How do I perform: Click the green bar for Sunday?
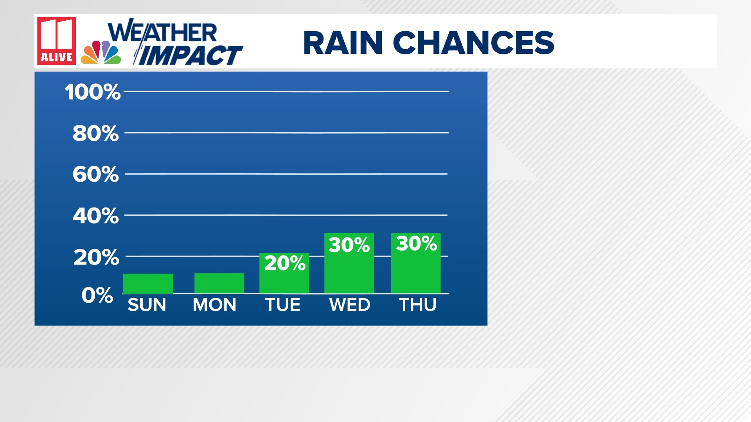point(148,284)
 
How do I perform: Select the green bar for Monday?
point(219,283)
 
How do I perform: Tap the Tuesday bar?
point(284,273)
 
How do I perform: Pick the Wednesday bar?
point(349,263)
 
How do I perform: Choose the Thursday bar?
point(416,263)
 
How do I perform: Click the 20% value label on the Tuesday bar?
point(285,263)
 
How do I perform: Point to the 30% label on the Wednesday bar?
point(349,245)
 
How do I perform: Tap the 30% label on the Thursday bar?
point(417,243)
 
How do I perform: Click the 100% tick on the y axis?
point(93,92)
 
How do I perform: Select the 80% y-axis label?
point(95,133)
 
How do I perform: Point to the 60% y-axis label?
point(95,174)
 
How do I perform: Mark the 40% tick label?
point(96,216)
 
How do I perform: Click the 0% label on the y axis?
point(97,295)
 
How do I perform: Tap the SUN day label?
point(147,305)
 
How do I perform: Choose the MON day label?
point(214,305)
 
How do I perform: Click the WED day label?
point(350,305)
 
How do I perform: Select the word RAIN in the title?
point(343,43)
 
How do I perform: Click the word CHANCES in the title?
point(474,43)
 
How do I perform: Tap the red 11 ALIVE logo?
point(57,41)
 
